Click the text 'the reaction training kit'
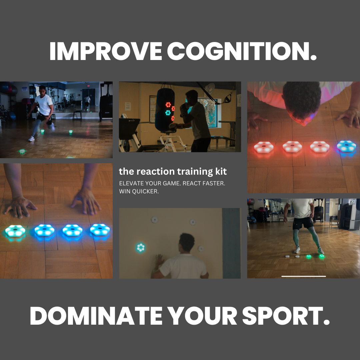click(173, 172)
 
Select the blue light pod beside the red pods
click(346, 146)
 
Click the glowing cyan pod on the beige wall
click(141, 247)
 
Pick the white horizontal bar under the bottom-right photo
click(303, 276)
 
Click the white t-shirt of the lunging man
click(44, 104)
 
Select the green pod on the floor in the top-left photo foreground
click(22, 151)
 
